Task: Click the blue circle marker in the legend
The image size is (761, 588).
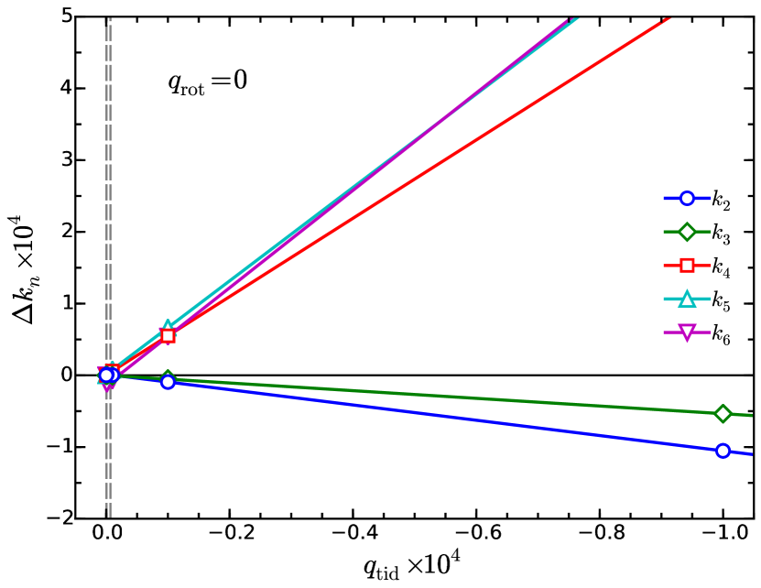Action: [x=687, y=198]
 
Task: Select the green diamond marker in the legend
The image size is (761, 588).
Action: [x=687, y=232]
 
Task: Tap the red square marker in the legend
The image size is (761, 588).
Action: [x=687, y=265]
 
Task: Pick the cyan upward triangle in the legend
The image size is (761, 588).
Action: [x=687, y=299]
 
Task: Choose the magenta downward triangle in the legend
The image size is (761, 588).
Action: [x=687, y=332]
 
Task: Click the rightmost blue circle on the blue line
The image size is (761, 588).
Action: [x=723, y=451]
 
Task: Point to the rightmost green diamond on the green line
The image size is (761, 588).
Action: [x=723, y=414]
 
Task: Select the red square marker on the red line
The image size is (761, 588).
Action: [x=168, y=336]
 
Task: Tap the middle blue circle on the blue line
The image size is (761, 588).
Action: [x=168, y=382]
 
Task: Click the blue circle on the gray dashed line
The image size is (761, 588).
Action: [x=106, y=375]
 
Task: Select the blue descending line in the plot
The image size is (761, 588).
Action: [x=458, y=418]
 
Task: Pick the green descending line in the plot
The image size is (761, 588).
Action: [x=458, y=397]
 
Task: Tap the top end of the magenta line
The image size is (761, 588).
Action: [x=569, y=18]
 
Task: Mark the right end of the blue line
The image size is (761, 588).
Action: [x=751, y=453]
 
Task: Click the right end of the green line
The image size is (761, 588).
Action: [x=751, y=416]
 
